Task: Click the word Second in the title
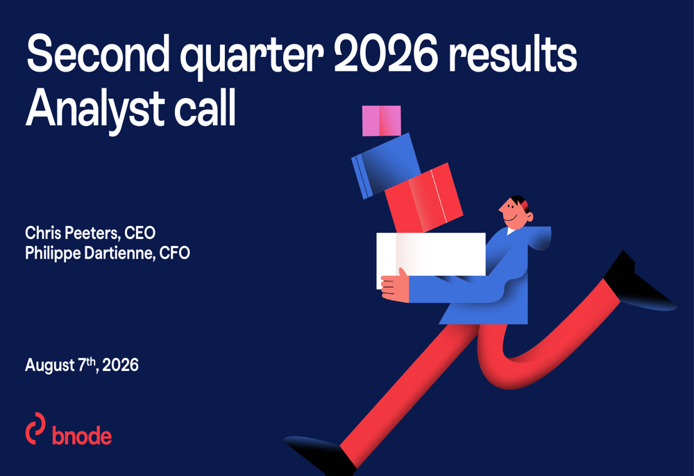pos(98,54)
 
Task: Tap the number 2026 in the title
pos(385,54)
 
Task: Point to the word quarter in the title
pos(251,58)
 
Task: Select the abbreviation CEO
pos(140,233)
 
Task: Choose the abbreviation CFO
pos(175,253)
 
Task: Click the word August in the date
pos(49,366)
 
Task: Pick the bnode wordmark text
pos(82,436)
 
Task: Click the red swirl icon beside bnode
pos(35,428)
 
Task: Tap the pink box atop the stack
pos(382,120)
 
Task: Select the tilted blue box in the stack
pos(386,166)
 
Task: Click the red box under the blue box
pos(424,198)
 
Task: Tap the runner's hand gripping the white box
pos(395,286)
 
